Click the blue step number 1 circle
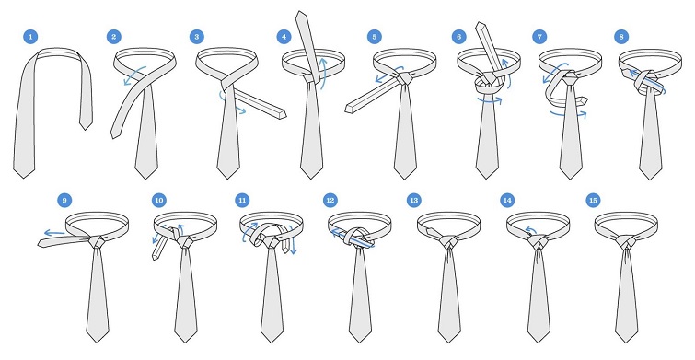click(30, 37)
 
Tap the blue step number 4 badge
click(284, 37)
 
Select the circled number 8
click(621, 37)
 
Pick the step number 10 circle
click(159, 201)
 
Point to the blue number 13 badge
click(414, 201)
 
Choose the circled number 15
click(593, 201)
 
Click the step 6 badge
click(459, 37)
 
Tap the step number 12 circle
click(330, 201)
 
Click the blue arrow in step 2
click(134, 75)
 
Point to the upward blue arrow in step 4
click(324, 73)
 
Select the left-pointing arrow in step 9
click(54, 232)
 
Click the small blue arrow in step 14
click(528, 229)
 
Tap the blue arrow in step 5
click(388, 75)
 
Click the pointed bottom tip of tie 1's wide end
click(24, 179)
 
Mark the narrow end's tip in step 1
click(85, 130)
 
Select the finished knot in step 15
click(625, 242)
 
